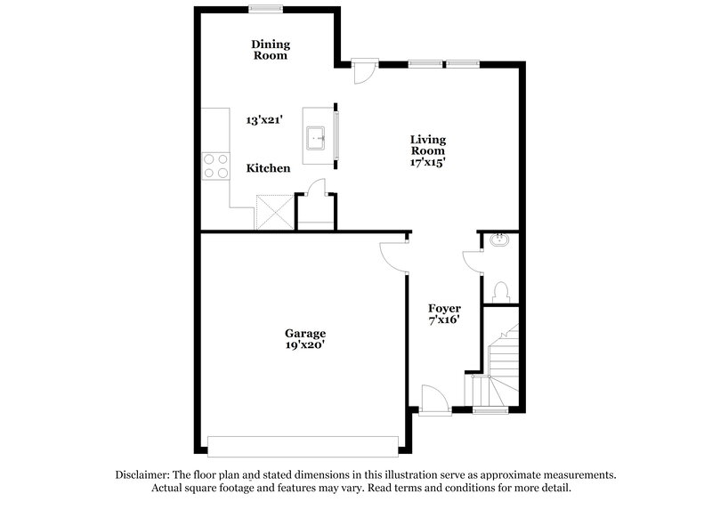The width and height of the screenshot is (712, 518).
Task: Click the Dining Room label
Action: coord(270,50)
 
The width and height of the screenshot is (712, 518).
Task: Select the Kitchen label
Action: coord(268,167)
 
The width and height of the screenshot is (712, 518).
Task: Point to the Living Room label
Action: coord(427,145)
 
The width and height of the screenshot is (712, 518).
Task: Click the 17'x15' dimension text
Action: coord(427,163)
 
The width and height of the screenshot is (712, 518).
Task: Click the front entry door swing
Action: coord(433,398)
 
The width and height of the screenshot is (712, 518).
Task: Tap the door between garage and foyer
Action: coord(392,255)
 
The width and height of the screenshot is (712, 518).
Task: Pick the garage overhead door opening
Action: coord(302,445)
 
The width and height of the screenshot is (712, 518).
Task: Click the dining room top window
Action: coord(266,9)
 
